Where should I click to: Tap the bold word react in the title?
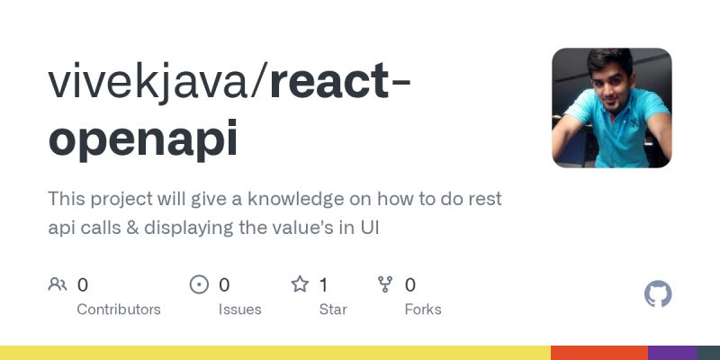point(328,83)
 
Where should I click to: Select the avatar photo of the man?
point(612,108)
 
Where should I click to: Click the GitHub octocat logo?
point(658,294)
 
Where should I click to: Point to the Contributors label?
point(119,309)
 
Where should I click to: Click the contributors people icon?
point(58,285)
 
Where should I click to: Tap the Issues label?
point(239,309)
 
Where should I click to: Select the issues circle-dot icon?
point(199,285)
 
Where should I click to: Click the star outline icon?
point(300,285)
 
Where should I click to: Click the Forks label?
point(423,309)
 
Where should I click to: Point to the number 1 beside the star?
point(323,285)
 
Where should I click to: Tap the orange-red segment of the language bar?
point(598,353)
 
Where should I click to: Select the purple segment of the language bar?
point(671,353)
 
